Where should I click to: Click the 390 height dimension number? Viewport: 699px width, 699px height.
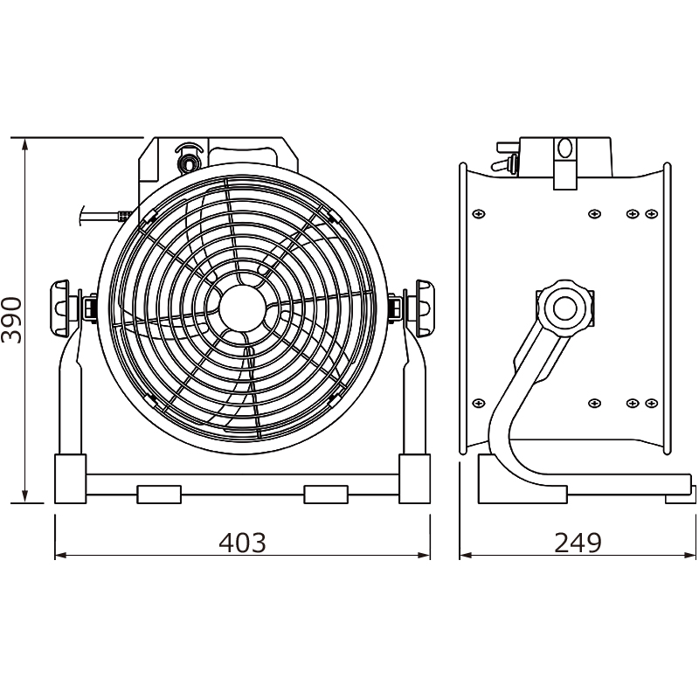[11, 320]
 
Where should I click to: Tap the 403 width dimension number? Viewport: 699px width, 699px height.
[243, 543]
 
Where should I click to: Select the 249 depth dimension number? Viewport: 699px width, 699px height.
[578, 543]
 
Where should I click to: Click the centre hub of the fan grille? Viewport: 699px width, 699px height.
[241, 308]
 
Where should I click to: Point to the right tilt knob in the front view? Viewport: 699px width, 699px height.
[423, 308]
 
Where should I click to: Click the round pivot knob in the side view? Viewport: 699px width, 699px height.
[564, 308]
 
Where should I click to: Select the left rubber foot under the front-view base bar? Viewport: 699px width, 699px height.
[159, 495]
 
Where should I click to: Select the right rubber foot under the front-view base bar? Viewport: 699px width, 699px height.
[326, 495]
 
